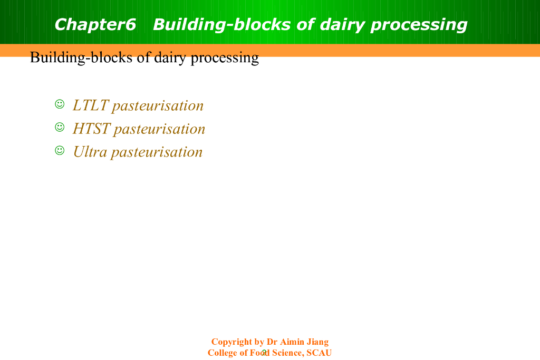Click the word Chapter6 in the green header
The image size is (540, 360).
[95, 24]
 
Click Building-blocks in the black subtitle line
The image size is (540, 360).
[81, 57]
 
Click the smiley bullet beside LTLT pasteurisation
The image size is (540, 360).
[60, 104]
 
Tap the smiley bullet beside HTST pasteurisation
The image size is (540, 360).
[60, 127]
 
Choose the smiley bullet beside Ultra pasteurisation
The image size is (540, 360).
[60, 150]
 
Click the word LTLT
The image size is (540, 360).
[91, 105]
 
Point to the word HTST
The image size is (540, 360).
[92, 129]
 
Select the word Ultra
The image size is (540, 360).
[90, 152]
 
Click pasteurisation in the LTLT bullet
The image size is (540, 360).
[158, 106]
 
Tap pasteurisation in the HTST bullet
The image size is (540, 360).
[159, 130]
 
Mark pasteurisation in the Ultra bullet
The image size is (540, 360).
[157, 152]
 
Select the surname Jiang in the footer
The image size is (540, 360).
[317, 342]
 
